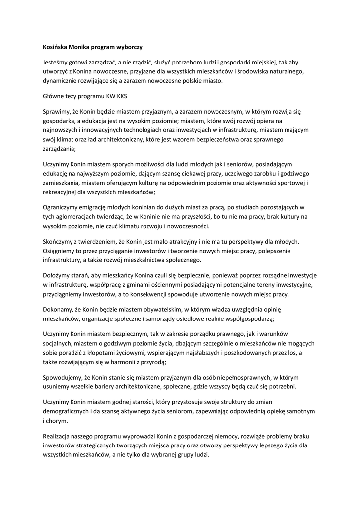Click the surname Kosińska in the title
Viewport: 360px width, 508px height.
(x=56, y=47)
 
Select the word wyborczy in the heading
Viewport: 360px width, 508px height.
(x=129, y=47)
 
